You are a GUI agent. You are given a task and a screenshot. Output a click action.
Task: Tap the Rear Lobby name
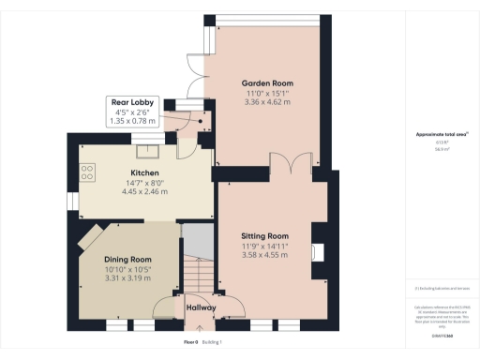point(133,102)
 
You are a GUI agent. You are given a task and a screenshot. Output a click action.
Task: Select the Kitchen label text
point(143,173)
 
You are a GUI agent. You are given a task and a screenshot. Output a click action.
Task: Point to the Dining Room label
point(128,260)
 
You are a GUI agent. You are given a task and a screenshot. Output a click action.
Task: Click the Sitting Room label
point(263,235)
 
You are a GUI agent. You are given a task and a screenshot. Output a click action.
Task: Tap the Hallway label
point(201,307)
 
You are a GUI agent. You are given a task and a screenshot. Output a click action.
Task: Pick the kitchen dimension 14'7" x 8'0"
point(143,183)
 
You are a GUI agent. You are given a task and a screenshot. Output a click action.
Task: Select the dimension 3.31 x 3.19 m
point(128,277)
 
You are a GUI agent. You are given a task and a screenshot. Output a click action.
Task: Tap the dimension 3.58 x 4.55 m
point(263,254)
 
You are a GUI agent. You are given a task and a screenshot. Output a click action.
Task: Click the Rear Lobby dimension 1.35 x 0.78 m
point(133,121)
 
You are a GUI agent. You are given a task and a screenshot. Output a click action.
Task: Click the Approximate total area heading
point(441,134)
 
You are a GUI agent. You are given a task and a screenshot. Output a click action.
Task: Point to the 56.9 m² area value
point(440,149)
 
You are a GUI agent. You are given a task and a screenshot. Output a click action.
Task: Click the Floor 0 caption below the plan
point(190,342)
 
